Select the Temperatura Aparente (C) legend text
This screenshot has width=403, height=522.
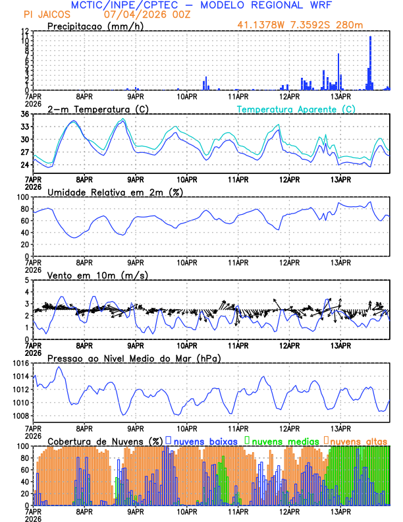point(296,109)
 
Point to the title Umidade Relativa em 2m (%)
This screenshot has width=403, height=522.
point(115,192)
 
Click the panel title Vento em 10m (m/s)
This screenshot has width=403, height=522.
point(97,275)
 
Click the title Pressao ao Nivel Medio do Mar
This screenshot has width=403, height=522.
point(134,358)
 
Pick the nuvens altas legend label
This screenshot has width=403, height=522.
point(359,441)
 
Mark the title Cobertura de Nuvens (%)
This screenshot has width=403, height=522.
point(105,441)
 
